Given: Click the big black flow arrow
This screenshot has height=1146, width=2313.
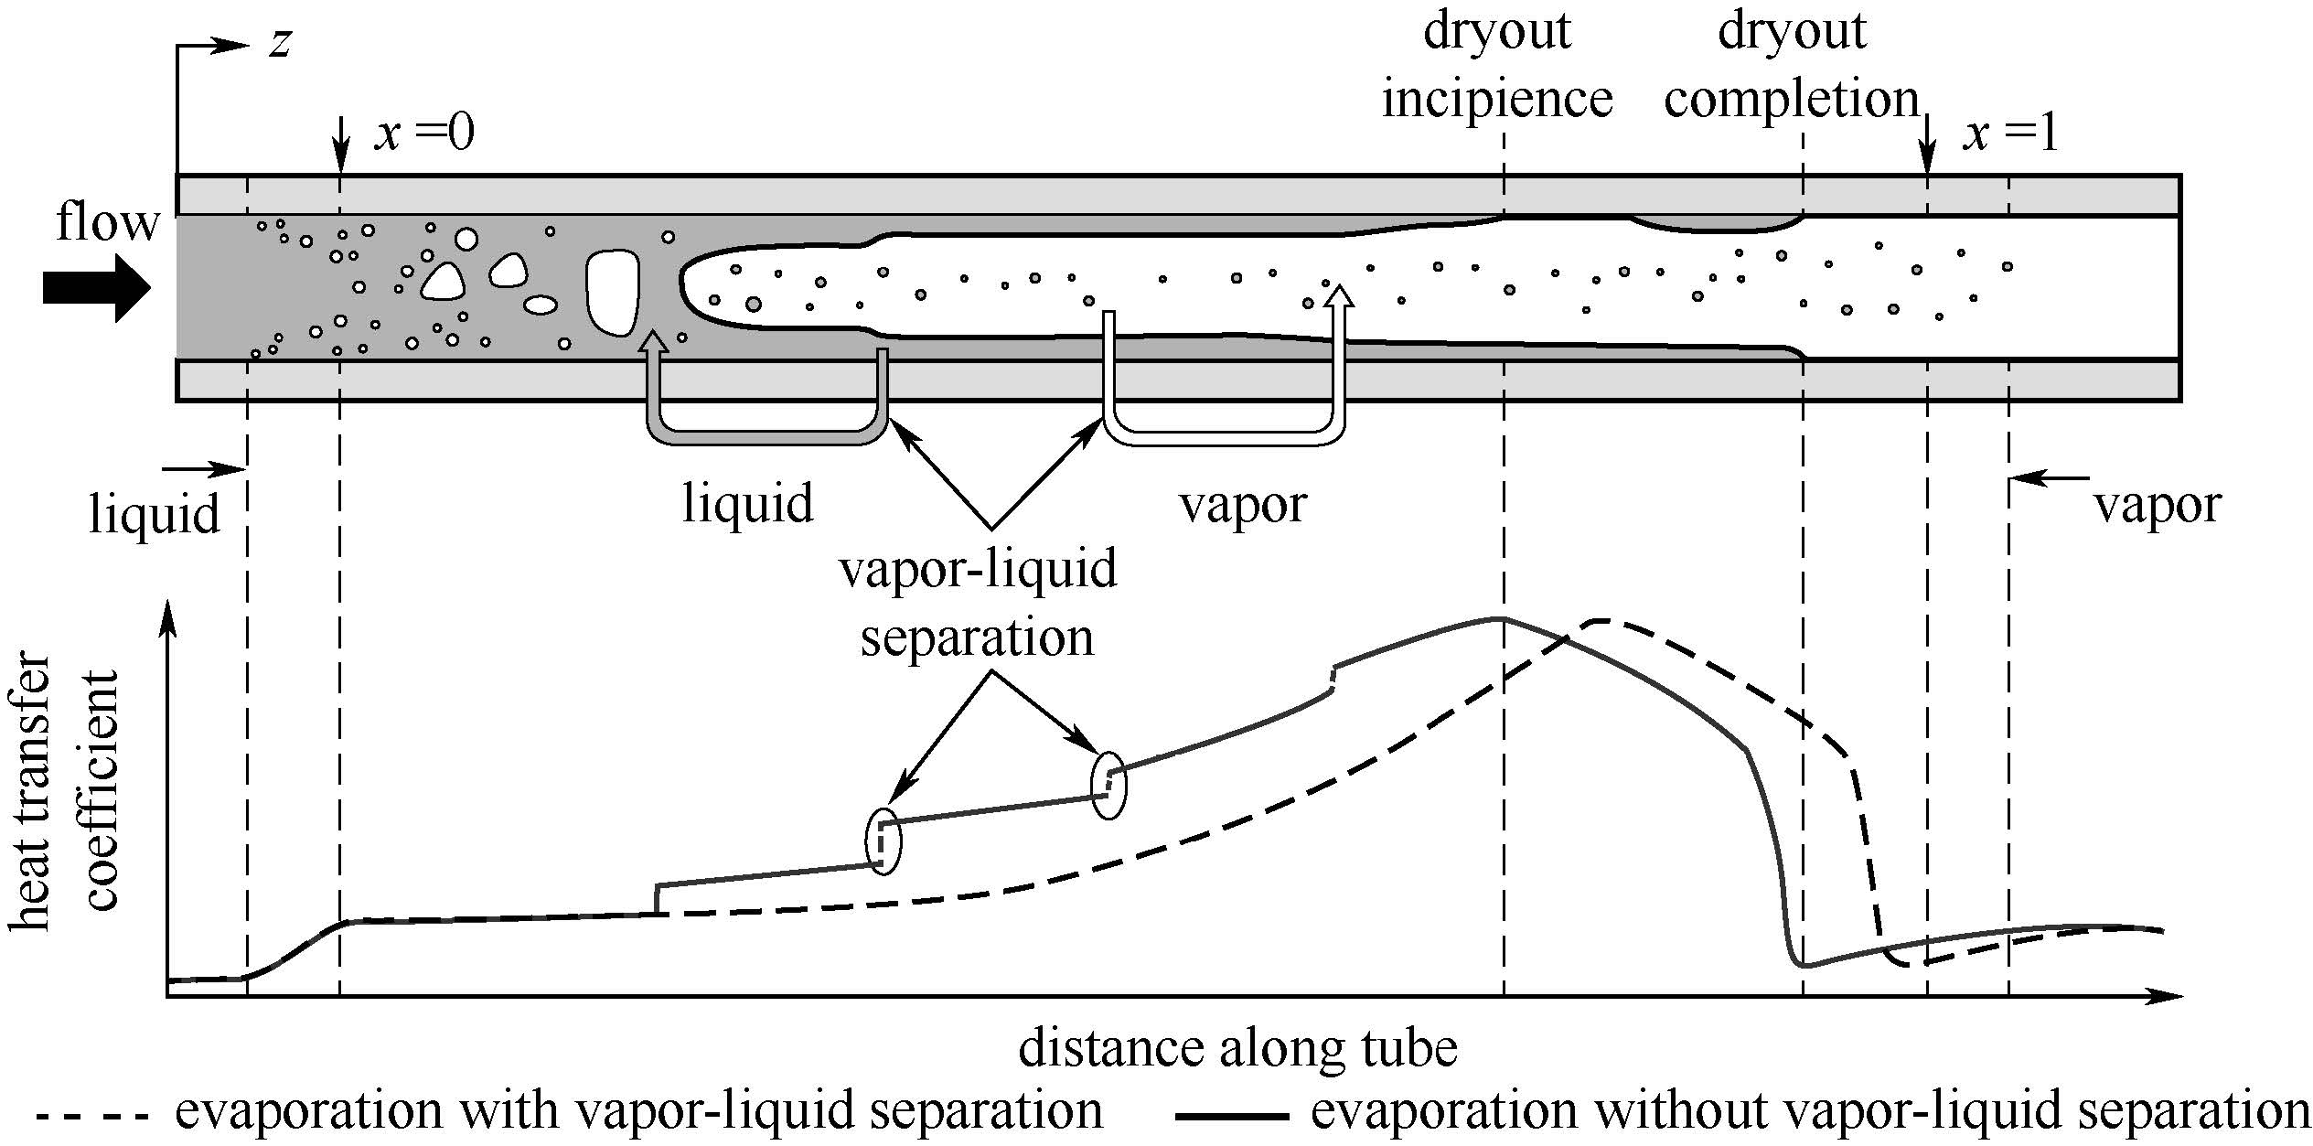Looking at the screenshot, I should click(96, 288).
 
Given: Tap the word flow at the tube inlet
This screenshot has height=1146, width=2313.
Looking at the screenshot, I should click(107, 222).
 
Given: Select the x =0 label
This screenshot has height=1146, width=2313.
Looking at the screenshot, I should click(423, 134).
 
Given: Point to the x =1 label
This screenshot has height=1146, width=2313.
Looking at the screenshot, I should click(2010, 134).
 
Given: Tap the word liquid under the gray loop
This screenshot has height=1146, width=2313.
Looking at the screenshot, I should click(747, 504).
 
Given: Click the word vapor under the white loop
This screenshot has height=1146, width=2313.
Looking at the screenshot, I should click(1243, 504).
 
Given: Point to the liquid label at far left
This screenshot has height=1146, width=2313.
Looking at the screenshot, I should click(154, 513).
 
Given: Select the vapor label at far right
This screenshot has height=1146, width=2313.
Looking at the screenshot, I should click(2158, 504).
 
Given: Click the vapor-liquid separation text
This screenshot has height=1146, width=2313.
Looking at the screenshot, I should click(978, 604).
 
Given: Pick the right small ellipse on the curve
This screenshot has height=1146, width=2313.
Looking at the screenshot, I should click(1108, 786).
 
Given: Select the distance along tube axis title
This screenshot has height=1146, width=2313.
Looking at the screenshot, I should click(1237, 1048).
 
